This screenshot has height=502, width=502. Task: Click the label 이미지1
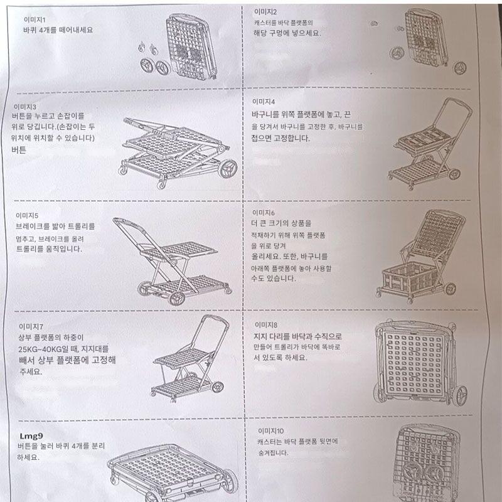point(35,20)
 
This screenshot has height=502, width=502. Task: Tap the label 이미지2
point(265,12)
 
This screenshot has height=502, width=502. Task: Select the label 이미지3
point(25,107)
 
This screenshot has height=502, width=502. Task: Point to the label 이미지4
point(264,102)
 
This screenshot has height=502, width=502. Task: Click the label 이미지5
point(27,215)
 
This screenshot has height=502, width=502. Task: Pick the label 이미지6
point(263,213)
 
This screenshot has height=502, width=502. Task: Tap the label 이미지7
point(31,326)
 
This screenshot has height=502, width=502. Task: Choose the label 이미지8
point(266,325)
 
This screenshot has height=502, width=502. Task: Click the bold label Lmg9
point(31,436)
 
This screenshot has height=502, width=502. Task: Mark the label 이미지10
point(271,431)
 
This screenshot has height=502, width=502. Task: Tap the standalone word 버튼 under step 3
point(19,150)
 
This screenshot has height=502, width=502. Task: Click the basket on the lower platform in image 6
point(411,277)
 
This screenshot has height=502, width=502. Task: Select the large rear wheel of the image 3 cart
point(228,168)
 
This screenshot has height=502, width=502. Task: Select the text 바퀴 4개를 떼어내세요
point(58,30)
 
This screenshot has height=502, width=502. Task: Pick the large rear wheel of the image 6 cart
point(451,289)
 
